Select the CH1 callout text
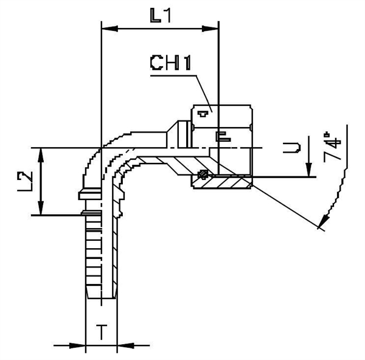pos(171,63)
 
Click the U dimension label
pos(293,147)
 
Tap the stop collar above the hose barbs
pos(89,195)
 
